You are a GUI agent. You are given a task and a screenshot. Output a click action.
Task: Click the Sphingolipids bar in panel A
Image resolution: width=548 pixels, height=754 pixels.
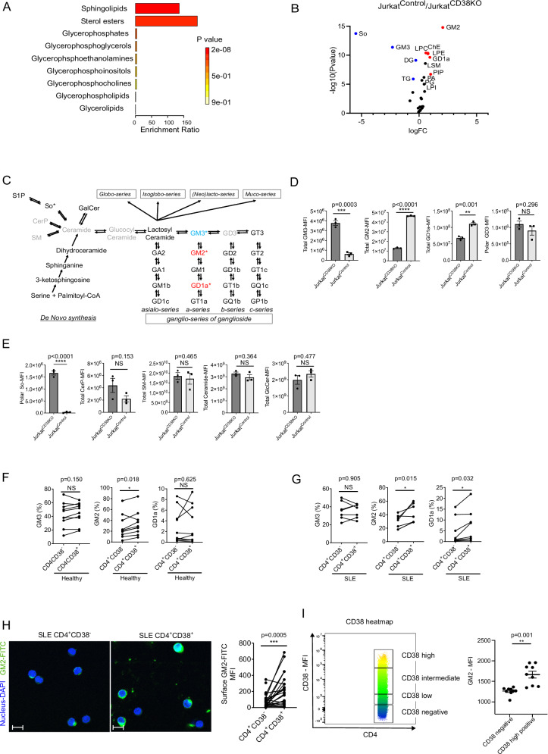pyautogui.click(x=157, y=8)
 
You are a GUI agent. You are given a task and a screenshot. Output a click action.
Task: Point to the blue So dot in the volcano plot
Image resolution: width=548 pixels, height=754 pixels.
pyautogui.click(x=355, y=33)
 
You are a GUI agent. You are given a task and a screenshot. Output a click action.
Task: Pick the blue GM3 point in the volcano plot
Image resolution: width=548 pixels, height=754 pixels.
pyautogui.click(x=393, y=47)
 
